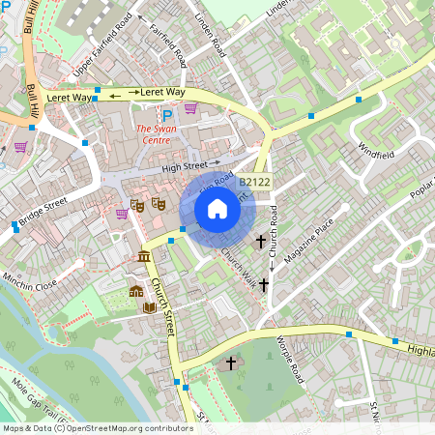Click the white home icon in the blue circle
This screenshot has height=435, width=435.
coord(217,208)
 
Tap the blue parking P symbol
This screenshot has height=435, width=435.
coord(167,114)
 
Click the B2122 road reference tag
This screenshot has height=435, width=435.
coord(254,181)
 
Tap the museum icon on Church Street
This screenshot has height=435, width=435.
coord(144,256)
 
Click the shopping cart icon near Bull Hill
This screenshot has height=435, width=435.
coord(20,147)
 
